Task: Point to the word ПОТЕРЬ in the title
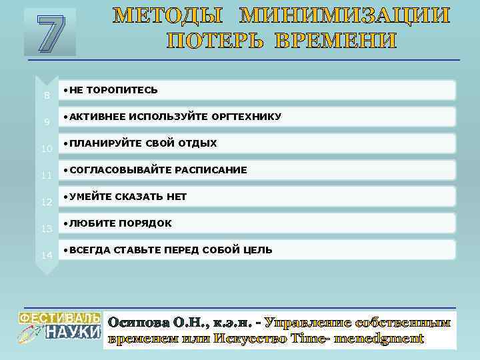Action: [211, 41]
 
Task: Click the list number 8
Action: [47, 95]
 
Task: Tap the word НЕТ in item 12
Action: [178, 197]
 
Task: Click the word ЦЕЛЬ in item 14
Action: [258, 250]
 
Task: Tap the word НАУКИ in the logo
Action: [73, 331]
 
